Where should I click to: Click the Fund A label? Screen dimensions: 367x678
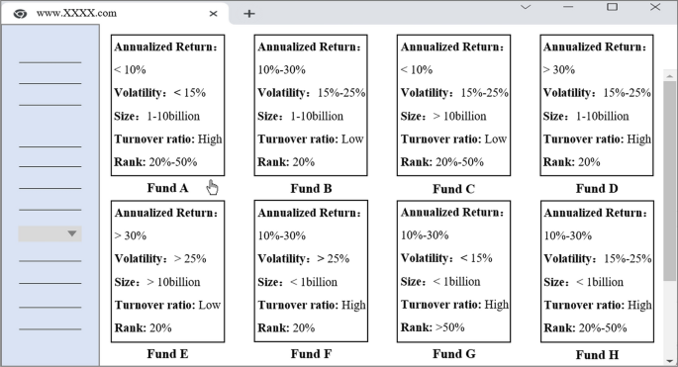[169, 188]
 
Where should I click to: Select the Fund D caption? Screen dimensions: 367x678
[597, 188]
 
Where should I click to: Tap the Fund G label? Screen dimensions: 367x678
[454, 353]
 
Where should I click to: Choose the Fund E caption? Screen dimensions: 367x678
[169, 353]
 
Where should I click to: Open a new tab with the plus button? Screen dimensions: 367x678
[249, 13]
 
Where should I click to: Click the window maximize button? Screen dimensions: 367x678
[611, 7]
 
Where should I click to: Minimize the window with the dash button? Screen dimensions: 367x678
[568, 7]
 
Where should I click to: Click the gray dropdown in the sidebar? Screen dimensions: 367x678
[49, 233]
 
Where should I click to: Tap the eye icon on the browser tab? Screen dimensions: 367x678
[20, 14]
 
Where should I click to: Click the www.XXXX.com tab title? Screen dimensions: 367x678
[76, 14]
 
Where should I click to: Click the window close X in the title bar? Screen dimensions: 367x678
[654, 7]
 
